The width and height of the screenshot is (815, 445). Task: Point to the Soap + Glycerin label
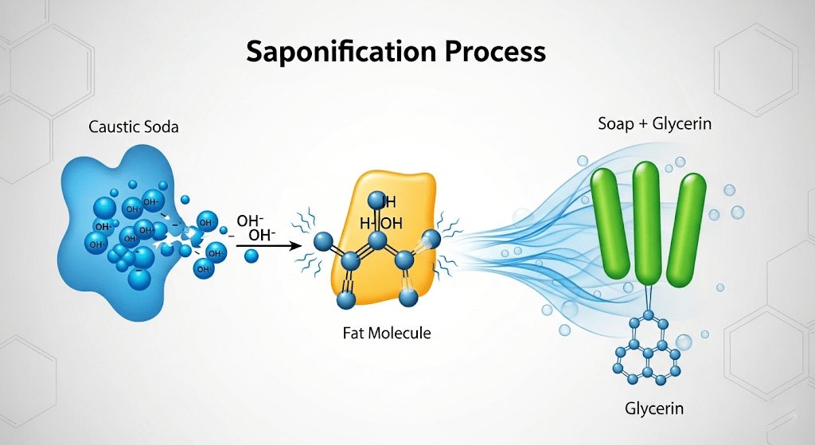[654, 124]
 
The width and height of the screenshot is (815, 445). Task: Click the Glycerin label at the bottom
[654, 409]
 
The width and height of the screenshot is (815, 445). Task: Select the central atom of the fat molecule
[377, 240]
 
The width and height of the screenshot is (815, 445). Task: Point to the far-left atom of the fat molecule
[322, 242]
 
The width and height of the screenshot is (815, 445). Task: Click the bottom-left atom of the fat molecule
[345, 299]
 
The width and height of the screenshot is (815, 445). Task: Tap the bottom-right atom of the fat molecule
[408, 298]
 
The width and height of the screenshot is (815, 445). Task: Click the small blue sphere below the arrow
[251, 256]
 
